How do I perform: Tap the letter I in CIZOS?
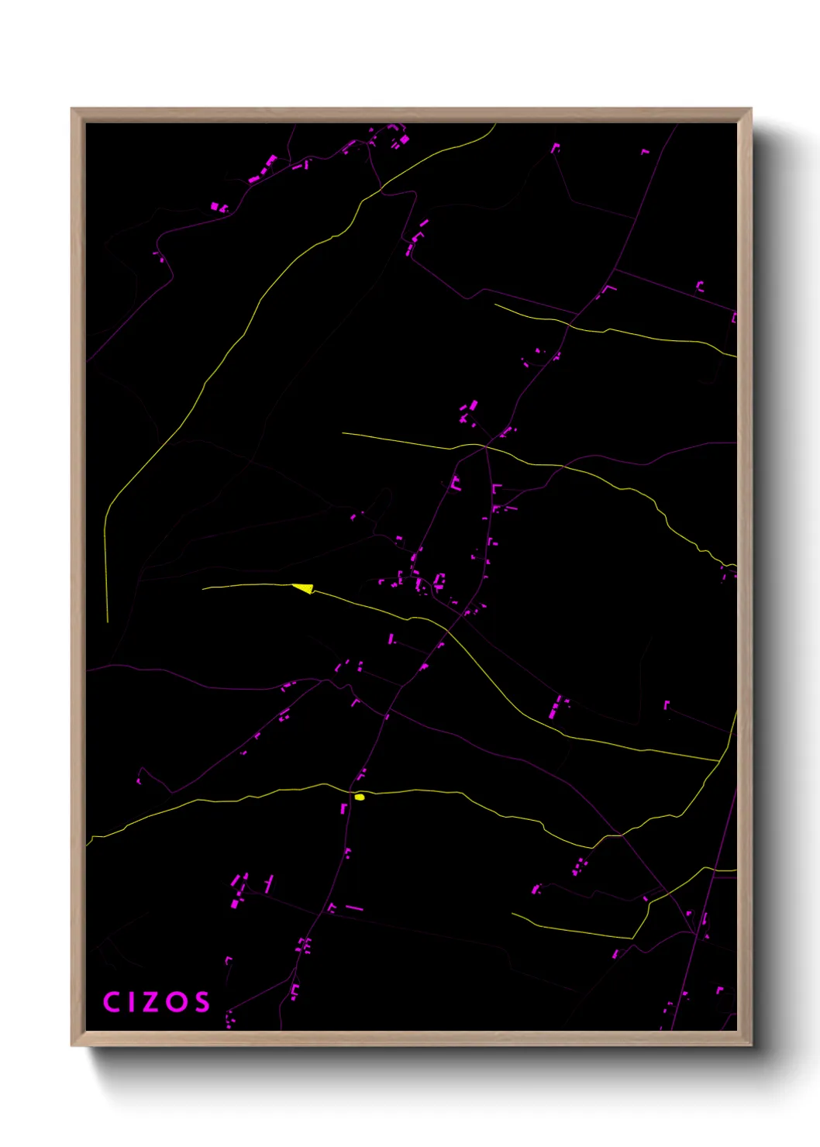pyautogui.click(x=131, y=1002)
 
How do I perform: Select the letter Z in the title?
pyautogui.click(x=151, y=1002)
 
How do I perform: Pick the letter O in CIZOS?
pyautogui.click(x=177, y=1002)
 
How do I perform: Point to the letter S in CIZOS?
pyautogui.click(x=202, y=1002)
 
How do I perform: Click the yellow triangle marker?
pyautogui.click(x=304, y=588)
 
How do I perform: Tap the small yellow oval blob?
pyautogui.click(x=360, y=797)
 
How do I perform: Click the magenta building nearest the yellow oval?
pyautogui.click(x=343, y=808)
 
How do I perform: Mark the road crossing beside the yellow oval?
pyautogui.click(x=350, y=793)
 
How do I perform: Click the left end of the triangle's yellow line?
pyautogui.click(x=203, y=589)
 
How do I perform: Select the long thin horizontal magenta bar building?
pyautogui.click(x=353, y=908)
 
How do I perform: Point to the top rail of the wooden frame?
pyautogui.click(x=411, y=115)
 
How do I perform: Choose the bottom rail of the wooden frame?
pyautogui.click(x=411, y=1038)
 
